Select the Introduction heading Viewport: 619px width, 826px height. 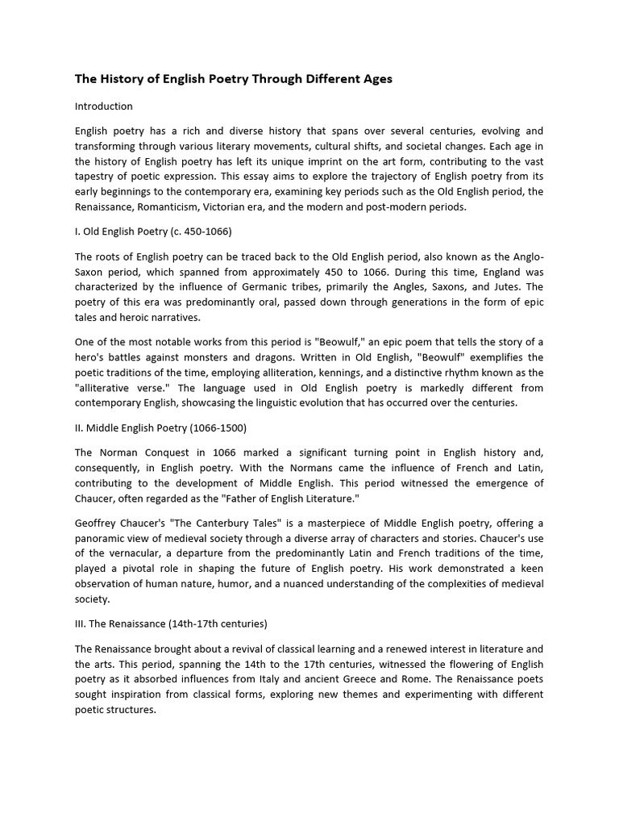pyautogui.click(x=104, y=106)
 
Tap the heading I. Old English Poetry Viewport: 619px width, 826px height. pyautogui.click(x=153, y=232)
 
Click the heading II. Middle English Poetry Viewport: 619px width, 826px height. pyautogui.click(x=160, y=427)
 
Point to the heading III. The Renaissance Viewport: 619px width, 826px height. pyautogui.click(x=171, y=624)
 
